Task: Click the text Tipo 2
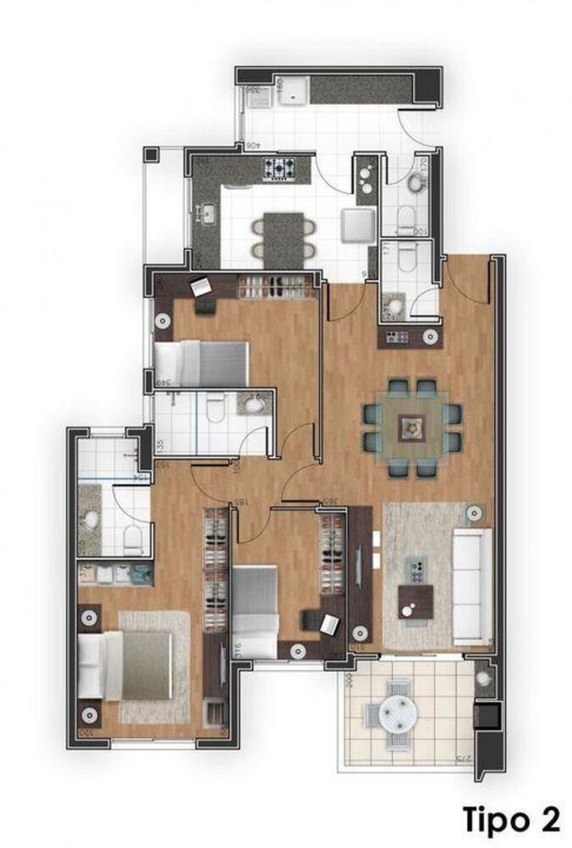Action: (511, 820)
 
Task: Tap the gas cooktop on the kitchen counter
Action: (279, 170)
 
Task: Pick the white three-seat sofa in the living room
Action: (471, 585)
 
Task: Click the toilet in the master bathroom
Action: (131, 537)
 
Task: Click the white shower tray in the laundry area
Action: (295, 91)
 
